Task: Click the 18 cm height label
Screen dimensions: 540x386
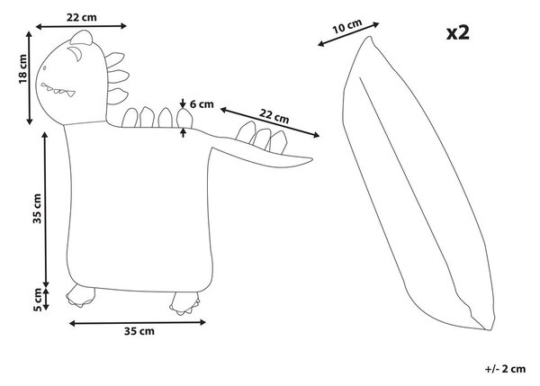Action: point(22,69)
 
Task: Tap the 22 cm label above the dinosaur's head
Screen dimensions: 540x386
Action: point(82,17)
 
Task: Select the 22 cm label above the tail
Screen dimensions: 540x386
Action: point(274,116)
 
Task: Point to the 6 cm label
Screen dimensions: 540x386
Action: point(202,104)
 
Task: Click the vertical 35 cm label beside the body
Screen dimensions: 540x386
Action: point(37,209)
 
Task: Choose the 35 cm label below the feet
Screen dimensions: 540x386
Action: point(139,331)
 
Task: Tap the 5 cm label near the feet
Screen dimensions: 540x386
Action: point(37,300)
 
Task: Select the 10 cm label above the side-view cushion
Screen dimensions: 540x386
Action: point(347,26)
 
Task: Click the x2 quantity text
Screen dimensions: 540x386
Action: point(458,33)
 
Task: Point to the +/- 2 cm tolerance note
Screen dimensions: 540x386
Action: point(505,369)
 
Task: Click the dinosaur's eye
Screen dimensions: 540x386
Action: point(76,53)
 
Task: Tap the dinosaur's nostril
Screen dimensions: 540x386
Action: point(44,67)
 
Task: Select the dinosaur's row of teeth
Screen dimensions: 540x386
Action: point(58,90)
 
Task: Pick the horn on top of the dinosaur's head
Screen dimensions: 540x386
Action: point(82,37)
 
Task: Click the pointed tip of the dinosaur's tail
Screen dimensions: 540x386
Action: point(312,159)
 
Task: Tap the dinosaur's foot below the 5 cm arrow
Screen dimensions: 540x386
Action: point(81,296)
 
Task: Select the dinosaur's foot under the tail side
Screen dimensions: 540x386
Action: point(185,303)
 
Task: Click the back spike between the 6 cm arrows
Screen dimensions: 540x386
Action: point(184,118)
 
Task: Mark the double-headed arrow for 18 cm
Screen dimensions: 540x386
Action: point(30,77)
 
